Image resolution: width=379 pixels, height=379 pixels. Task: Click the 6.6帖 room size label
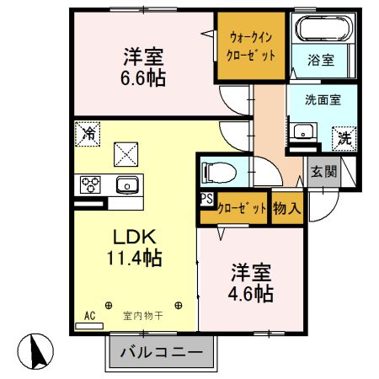pyautogui.click(x=141, y=78)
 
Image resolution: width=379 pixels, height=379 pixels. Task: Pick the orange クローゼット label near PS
pyautogui.click(x=241, y=207)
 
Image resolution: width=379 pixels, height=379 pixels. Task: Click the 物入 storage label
pyautogui.click(x=286, y=207)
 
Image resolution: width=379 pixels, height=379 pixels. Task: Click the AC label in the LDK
pyautogui.click(x=90, y=317)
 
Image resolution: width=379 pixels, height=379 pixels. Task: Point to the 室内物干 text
pyautogui.click(x=143, y=317)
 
